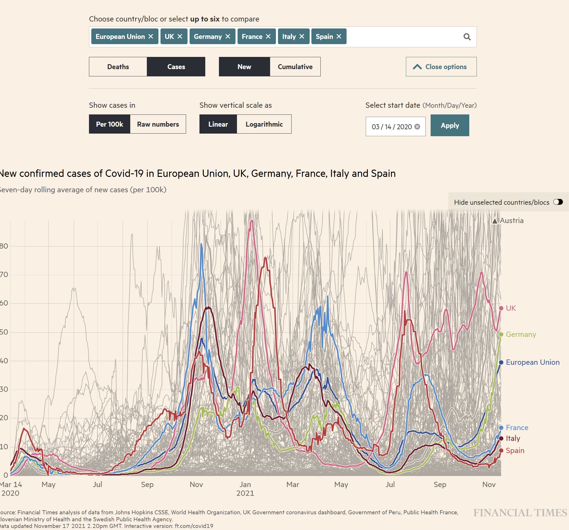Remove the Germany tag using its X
click(x=228, y=37)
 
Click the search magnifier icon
click(x=467, y=37)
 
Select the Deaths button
click(x=118, y=67)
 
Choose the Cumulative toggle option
click(x=295, y=67)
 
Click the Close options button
click(x=441, y=67)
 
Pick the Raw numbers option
click(x=158, y=124)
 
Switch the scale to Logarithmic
click(x=264, y=124)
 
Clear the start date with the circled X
click(x=417, y=127)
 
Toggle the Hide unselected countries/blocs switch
click(x=558, y=202)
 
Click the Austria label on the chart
click(x=511, y=221)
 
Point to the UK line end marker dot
click(x=501, y=308)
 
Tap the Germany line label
click(x=521, y=335)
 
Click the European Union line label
click(x=533, y=362)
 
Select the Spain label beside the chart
click(x=515, y=451)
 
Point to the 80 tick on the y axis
click(x=4, y=246)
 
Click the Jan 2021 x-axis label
click(x=245, y=488)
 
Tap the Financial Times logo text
click(x=520, y=513)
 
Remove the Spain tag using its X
click(x=339, y=37)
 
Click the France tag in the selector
click(x=252, y=37)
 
